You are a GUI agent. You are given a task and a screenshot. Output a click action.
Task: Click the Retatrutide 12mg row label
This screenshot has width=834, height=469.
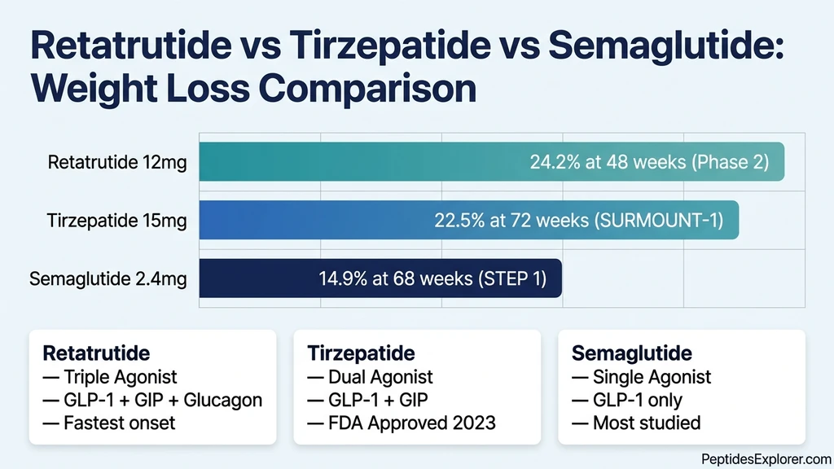(x=117, y=162)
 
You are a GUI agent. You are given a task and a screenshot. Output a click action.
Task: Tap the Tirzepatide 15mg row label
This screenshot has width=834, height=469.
(x=117, y=221)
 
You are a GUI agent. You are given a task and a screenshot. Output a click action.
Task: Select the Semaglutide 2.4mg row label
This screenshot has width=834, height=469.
(x=108, y=279)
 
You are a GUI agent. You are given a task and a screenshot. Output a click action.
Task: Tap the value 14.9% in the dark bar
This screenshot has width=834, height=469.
(x=343, y=278)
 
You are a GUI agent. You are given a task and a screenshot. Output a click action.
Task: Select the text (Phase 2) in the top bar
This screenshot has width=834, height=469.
(x=730, y=162)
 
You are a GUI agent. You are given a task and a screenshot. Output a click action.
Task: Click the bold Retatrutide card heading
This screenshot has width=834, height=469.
(x=96, y=353)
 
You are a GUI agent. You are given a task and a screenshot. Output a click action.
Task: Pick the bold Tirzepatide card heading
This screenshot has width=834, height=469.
(x=362, y=353)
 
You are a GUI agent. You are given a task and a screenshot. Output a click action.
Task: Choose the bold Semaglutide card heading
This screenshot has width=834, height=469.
(x=632, y=353)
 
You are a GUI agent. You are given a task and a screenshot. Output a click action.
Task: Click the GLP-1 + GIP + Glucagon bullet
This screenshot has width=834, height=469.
(x=152, y=400)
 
